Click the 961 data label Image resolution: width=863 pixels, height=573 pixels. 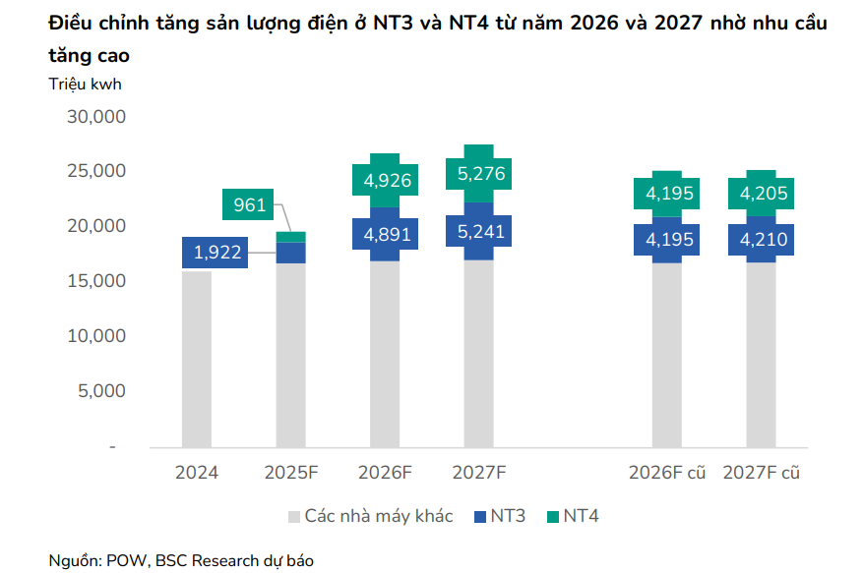click(250, 205)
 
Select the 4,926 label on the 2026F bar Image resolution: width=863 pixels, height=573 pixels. click(388, 181)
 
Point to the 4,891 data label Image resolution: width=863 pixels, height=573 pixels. click(388, 235)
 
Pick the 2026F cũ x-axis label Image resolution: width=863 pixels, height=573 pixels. click(668, 473)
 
